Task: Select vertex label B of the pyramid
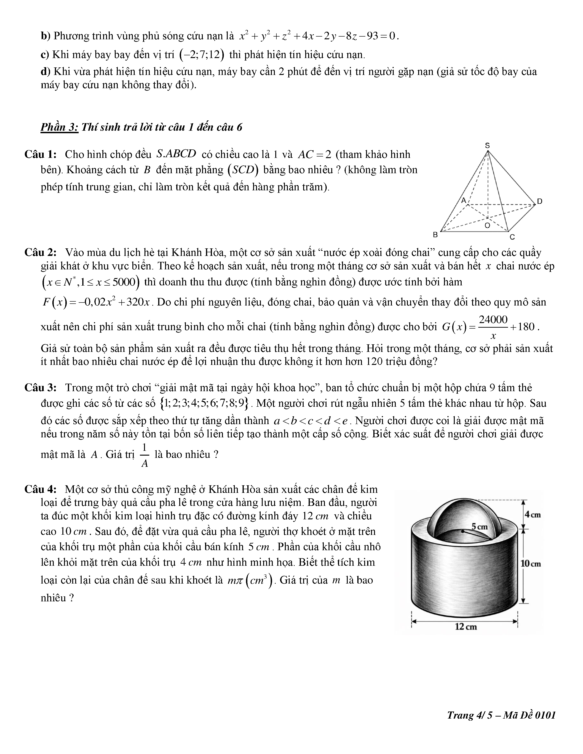(x=436, y=235)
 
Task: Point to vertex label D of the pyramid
(x=540, y=201)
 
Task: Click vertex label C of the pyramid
(x=512, y=237)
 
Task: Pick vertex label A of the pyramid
(x=464, y=200)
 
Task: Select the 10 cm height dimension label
(x=530, y=564)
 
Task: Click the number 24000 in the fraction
(x=493, y=320)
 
